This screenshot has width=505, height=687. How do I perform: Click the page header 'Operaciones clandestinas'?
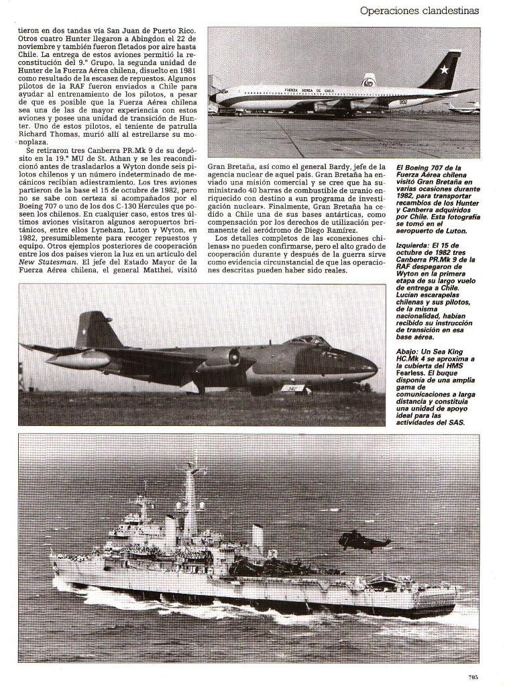point(419,11)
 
